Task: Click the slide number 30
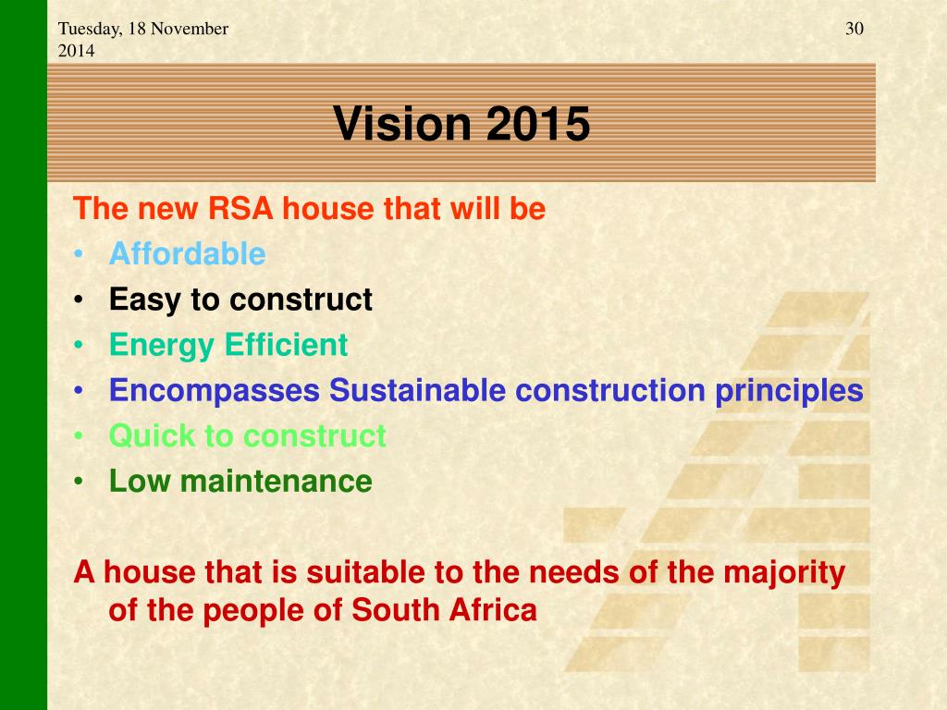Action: click(x=854, y=29)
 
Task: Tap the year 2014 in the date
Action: click(x=76, y=51)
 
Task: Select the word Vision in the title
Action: click(x=401, y=123)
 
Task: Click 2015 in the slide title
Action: click(x=537, y=123)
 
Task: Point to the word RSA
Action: click(x=240, y=208)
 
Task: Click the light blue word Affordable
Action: click(x=187, y=253)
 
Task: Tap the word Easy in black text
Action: click(x=145, y=300)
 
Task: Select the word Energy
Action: click(x=162, y=347)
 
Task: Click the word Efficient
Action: click(x=287, y=345)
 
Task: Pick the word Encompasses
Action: click(x=215, y=391)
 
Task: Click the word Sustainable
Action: click(x=417, y=390)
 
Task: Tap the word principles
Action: click(x=790, y=391)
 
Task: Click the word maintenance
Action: click(x=276, y=481)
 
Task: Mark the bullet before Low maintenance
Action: click(x=78, y=482)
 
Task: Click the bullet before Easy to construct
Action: click(x=78, y=300)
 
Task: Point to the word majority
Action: click(x=784, y=573)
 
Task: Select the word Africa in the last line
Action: click(x=493, y=610)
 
